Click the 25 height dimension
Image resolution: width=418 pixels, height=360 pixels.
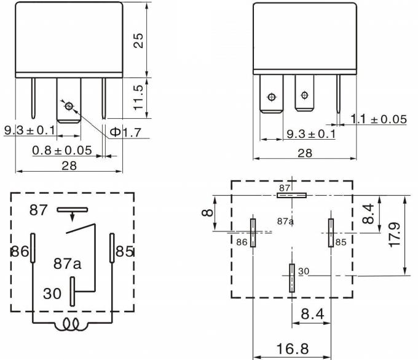pos(140,40)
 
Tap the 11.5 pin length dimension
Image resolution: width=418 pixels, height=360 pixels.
pos(140,97)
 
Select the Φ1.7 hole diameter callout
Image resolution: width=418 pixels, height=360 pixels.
pos(124,133)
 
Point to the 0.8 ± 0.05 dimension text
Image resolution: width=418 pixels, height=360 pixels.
pos(62,150)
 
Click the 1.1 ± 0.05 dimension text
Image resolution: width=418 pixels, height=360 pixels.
pos(378,119)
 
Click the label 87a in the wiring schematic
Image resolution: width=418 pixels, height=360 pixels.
pos(68,264)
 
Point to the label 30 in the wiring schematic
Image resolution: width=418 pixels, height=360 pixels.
pos(52,294)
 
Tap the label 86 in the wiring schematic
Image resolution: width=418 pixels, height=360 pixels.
pos(19,252)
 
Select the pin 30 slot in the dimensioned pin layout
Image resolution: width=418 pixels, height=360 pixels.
pos(291,278)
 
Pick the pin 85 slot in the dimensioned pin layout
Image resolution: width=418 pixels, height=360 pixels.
pos(331,233)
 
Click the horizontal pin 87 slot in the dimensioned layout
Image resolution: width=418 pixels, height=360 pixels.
pos(291,196)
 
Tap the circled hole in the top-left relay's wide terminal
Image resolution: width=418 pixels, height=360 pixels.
pos(69,106)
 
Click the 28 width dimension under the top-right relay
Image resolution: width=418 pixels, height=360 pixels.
pos(305,153)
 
